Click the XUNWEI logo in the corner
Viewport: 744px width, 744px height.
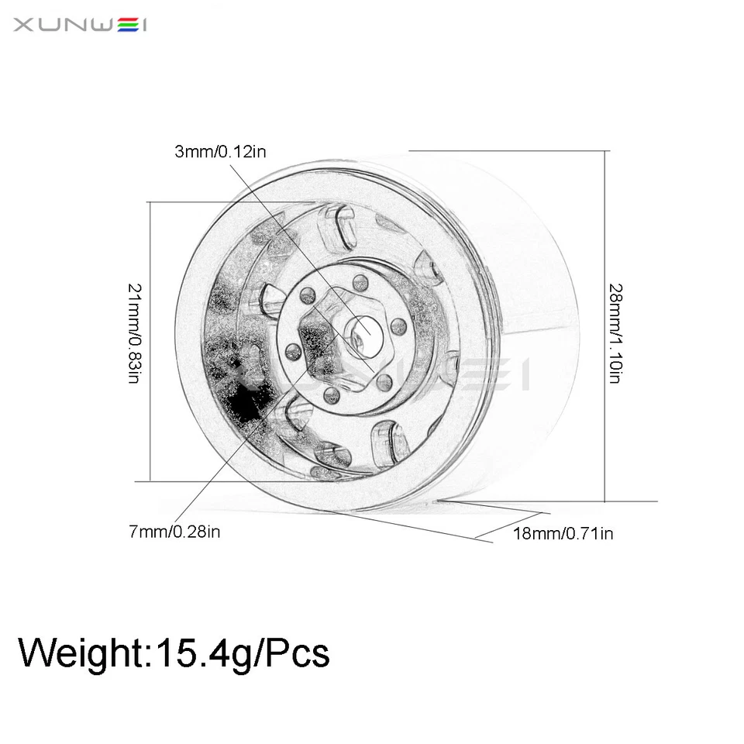80,26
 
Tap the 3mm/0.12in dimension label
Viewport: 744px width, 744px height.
220,152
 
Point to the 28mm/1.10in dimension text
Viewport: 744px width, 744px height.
615,334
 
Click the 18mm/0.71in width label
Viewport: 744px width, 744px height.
563,533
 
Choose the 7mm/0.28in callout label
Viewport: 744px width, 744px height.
175,532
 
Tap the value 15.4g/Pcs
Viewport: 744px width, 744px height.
243,653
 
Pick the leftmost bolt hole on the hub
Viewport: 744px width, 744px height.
293,352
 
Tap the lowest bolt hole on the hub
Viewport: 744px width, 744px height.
332,396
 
